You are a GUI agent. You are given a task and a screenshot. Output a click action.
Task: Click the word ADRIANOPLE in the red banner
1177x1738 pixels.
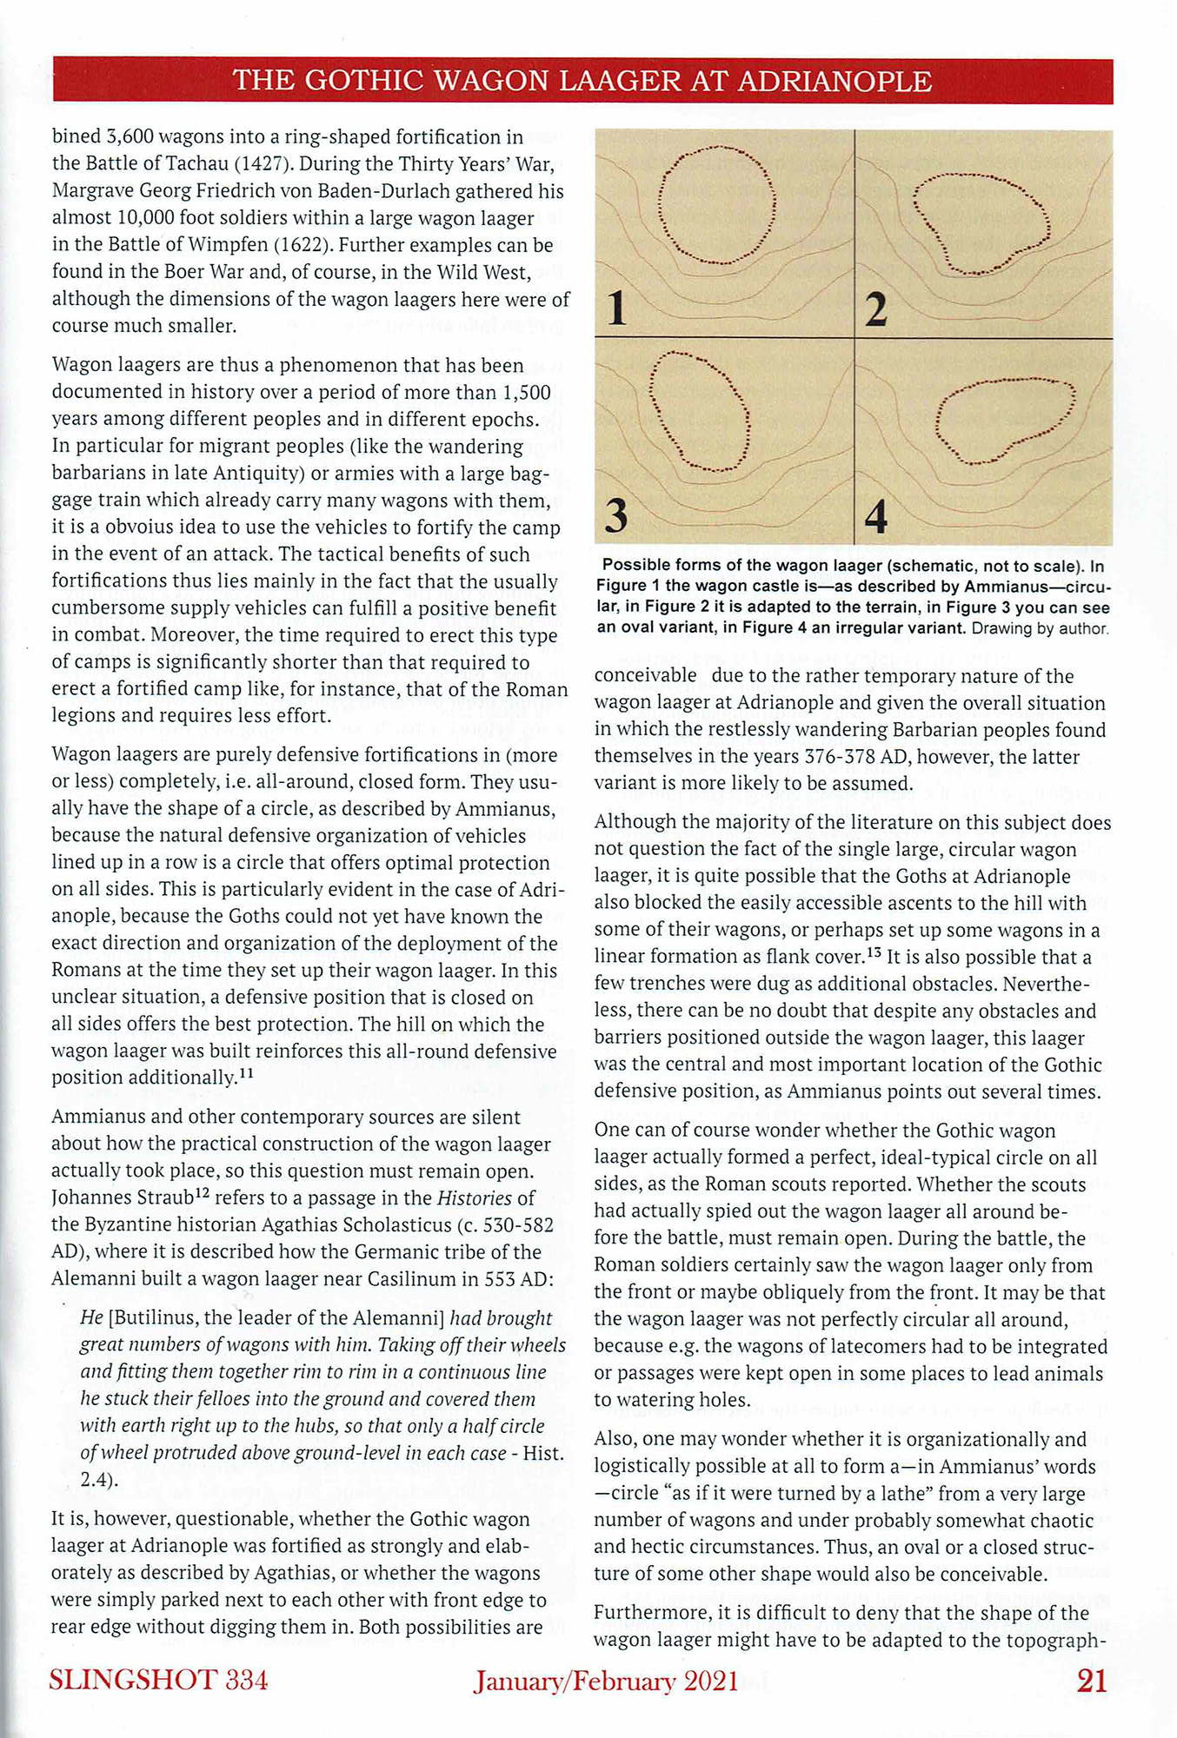835,81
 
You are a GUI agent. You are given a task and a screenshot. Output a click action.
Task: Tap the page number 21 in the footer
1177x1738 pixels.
1092,1681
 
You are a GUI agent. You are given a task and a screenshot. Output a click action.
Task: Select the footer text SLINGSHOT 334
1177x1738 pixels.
158,1680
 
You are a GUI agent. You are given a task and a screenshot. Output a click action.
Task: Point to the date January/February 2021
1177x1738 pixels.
606,1682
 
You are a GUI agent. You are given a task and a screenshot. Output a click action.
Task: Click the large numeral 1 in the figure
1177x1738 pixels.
617,308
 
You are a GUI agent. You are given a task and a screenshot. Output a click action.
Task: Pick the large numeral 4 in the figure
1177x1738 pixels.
876,516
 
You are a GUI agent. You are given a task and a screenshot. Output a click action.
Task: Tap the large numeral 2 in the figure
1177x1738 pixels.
876,309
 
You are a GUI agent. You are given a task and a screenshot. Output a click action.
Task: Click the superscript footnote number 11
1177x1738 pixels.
246,1073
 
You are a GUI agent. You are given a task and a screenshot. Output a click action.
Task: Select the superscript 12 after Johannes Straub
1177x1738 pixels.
201,1194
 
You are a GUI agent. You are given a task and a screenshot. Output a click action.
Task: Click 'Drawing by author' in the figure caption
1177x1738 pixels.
1040,627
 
